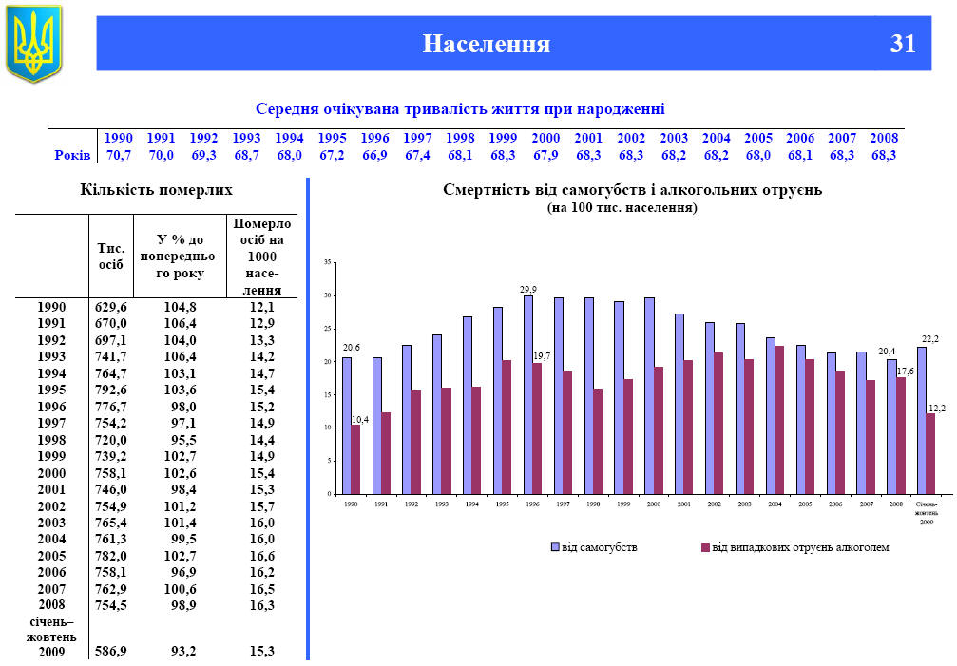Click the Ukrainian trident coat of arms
[33, 43]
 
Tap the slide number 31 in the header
[903, 44]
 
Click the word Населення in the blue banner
[487, 44]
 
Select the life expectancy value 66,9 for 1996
[374, 155]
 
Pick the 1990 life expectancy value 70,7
[119, 155]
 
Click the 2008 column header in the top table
[884, 138]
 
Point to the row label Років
[72, 155]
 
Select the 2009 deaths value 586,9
[111, 651]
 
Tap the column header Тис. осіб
[111, 256]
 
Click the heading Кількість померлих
[155, 191]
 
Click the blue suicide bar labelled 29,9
[527, 394]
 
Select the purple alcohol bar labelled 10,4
[355, 459]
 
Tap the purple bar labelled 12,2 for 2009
[930, 453]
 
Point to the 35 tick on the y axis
[327, 262]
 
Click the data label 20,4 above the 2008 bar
[887, 352]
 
